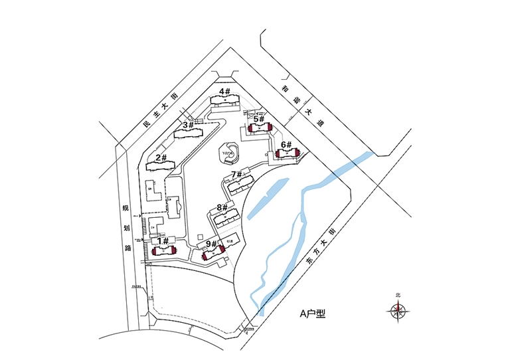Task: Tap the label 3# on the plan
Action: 188,124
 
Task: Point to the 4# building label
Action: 224,91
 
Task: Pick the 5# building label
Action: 259,119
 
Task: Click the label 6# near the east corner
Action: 286,144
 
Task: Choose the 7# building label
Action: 238,175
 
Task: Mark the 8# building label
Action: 222,207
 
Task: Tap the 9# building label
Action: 211,244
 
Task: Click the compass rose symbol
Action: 398,309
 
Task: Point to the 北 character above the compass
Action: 398,295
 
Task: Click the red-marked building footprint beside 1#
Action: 163,250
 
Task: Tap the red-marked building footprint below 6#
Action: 287,154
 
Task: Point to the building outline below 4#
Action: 225,101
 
